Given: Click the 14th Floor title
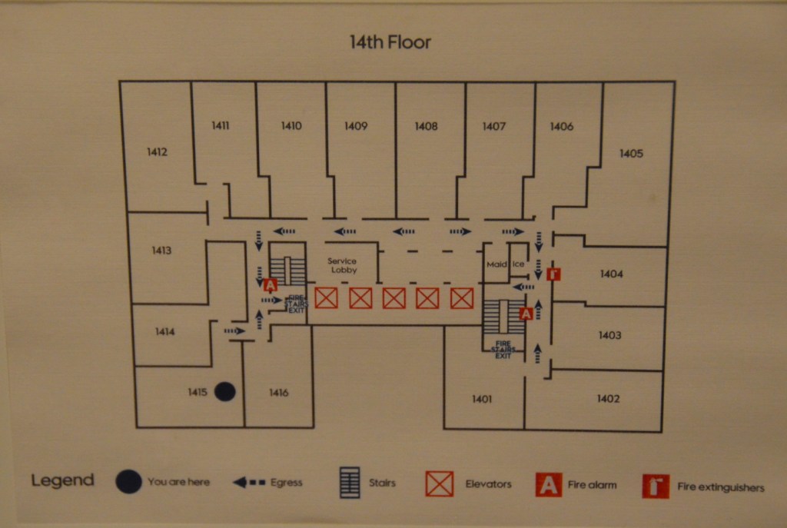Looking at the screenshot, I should click(390, 42).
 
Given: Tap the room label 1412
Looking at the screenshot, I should click(157, 152).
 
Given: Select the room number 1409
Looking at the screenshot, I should click(356, 127).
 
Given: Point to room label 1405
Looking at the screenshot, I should click(631, 154).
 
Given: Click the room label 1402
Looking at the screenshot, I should click(608, 399).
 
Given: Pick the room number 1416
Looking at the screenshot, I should click(279, 394).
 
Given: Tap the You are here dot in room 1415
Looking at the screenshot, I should click(224, 392).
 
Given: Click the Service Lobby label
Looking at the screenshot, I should click(342, 266).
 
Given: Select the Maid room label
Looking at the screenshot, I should click(496, 265).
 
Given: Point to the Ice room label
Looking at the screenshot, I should click(518, 265).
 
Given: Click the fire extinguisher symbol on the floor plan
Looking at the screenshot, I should click(553, 274).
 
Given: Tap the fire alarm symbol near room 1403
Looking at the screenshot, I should click(526, 314).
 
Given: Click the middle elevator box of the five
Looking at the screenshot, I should click(393, 298).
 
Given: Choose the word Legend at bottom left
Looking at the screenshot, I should click(62, 481).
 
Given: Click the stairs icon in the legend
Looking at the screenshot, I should click(350, 483).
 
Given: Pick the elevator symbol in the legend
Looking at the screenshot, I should click(440, 484).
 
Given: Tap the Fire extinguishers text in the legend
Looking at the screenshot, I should click(720, 487).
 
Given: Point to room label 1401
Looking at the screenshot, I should click(482, 399).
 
